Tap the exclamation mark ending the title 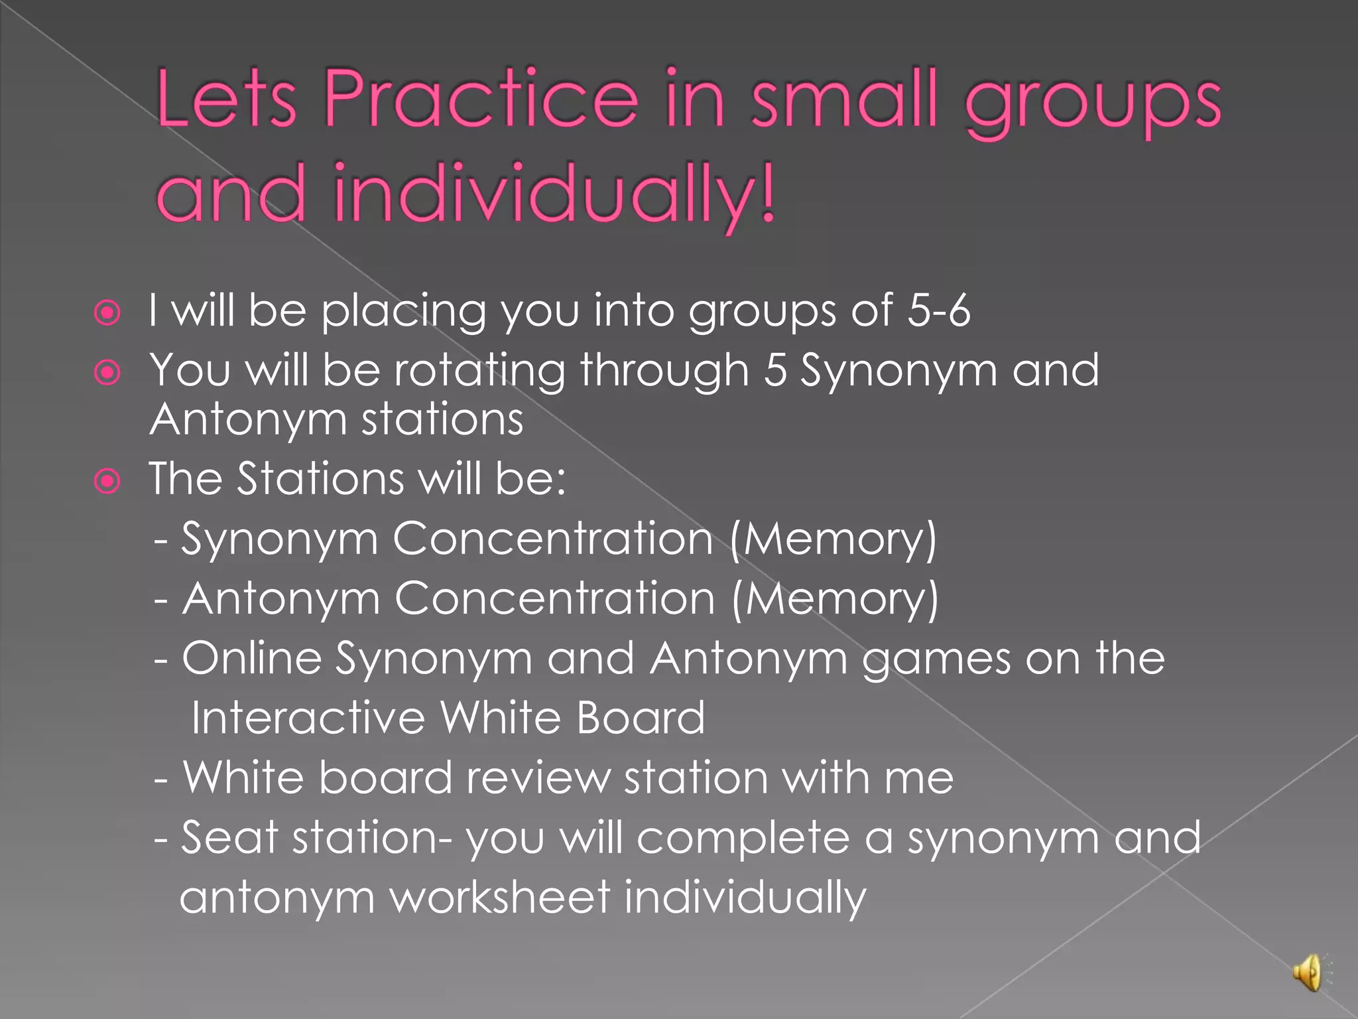click(x=767, y=194)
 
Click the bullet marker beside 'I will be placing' click(x=107, y=312)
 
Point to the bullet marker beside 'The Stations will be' click(x=107, y=481)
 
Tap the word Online click(x=252, y=658)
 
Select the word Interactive click(x=308, y=718)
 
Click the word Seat click(x=229, y=837)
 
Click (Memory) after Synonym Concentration click(x=833, y=539)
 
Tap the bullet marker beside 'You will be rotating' click(x=107, y=372)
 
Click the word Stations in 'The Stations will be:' click(x=320, y=478)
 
